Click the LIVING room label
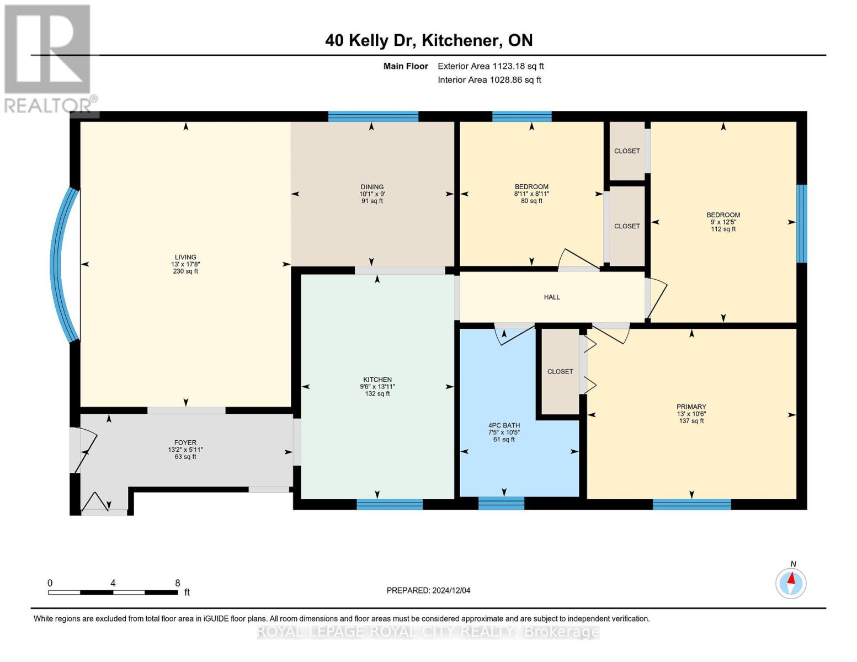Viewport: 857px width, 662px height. coord(185,257)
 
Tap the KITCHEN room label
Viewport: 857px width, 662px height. coord(377,380)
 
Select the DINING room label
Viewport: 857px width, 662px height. coord(372,187)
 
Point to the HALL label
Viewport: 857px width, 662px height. coord(552,297)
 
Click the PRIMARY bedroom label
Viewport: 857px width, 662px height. coord(691,407)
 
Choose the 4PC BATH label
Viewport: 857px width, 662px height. coord(504,425)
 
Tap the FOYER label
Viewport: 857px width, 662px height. coord(185,442)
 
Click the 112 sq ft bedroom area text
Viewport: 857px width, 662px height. coord(723,229)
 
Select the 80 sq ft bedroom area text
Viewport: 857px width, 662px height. coord(531,201)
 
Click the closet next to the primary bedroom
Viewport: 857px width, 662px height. coord(560,372)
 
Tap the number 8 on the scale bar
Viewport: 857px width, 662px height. coord(178,583)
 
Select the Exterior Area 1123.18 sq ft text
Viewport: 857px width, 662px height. coord(491,66)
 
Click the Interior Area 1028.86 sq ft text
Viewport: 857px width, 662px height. coord(489,80)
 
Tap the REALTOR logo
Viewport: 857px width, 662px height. coord(49,58)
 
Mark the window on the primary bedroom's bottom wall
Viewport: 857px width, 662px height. coord(691,504)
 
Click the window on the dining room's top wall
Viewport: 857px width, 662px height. coord(373,116)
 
